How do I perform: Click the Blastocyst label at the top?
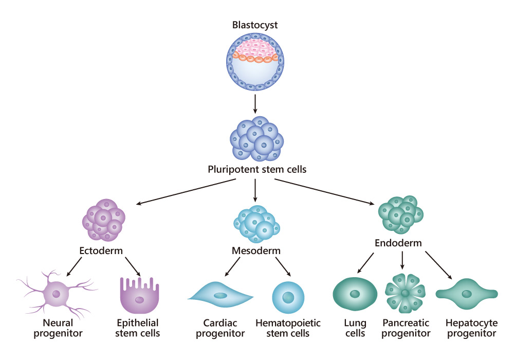[x=255, y=25]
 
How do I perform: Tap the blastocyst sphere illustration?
[x=255, y=62]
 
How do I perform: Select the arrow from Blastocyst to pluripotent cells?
[x=255, y=104]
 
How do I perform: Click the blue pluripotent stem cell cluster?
[x=256, y=139]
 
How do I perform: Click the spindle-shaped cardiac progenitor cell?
[x=221, y=295]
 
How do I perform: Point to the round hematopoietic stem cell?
[x=288, y=297]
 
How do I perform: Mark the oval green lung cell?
[x=355, y=294]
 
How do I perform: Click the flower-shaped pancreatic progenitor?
[x=406, y=293]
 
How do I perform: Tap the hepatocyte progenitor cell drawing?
[x=466, y=294]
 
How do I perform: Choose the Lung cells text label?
[x=355, y=328]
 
